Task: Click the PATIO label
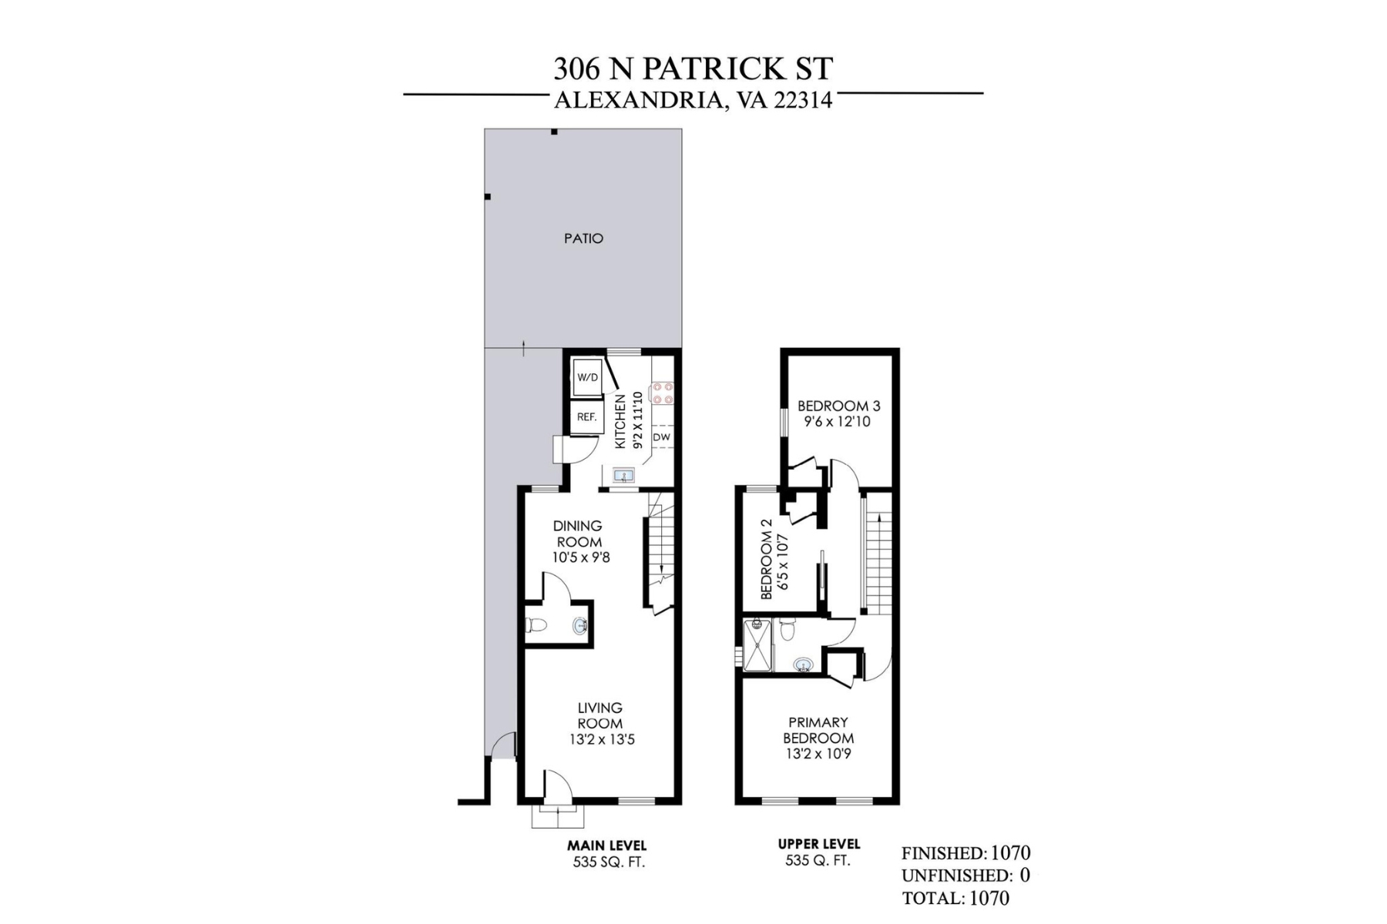coord(583,239)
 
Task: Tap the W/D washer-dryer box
coord(587,377)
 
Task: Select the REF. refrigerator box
coord(586,417)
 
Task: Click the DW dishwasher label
coord(661,437)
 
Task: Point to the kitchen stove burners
coord(662,393)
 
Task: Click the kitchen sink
coord(623,476)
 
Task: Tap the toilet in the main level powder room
coord(536,625)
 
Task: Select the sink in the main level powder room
coord(580,626)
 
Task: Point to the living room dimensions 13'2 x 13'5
coord(599,740)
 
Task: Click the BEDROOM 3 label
coord(838,406)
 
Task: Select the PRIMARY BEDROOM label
coord(818,730)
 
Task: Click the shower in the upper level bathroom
coord(757,645)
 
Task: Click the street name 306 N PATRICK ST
coord(693,69)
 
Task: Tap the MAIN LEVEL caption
coord(607,845)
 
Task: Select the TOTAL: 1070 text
coord(955,898)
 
